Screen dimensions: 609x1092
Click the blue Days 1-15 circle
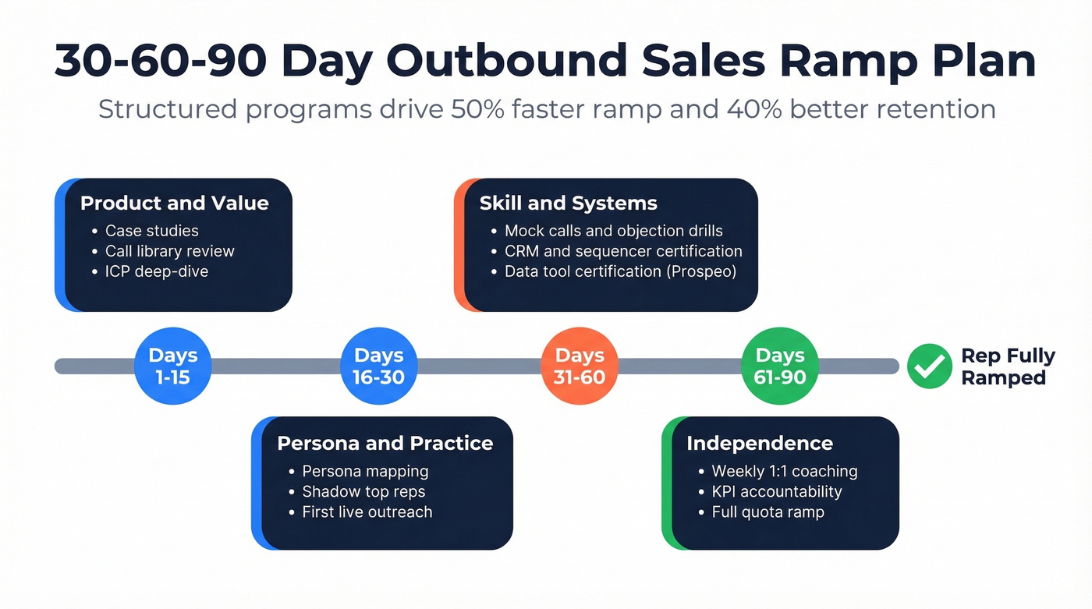pyautogui.click(x=173, y=366)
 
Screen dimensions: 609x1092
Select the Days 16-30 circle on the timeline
pyautogui.click(x=379, y=366)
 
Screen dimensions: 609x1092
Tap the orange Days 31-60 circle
pyautogui.click(x=580, y=366)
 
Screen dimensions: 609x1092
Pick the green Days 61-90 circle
pyautogui.click(x=780, y=366)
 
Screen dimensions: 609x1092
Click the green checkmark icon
pyautogui.click(x=929, y=366)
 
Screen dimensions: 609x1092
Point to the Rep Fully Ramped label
pyautogui.click(x=1007, y=366)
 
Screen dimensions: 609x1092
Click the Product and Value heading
pyautogui.click(x=174, y=204)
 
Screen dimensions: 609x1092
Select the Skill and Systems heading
pyautogui.click(x=568, y=204)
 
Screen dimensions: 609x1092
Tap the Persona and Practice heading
pyautogui.click(x=385, y=444)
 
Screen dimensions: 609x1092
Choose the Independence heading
pyautogui.click(x=759, y=444)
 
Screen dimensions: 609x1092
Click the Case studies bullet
pyautogui.click(x=152, y=231)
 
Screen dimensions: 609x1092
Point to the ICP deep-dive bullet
pyautogui.click(x=157, y=271)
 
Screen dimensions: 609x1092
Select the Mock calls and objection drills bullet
pyautogui.click(x=613, y=231)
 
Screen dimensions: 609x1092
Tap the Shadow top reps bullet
pyautogui.click(x=363, y=492)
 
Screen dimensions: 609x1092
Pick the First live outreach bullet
pyautogui.click(x=367, y=512)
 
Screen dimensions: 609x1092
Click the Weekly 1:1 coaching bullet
pyautogui.click(x=784, y=471)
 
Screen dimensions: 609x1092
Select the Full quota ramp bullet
pyautogui.click(x=768, y=512)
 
